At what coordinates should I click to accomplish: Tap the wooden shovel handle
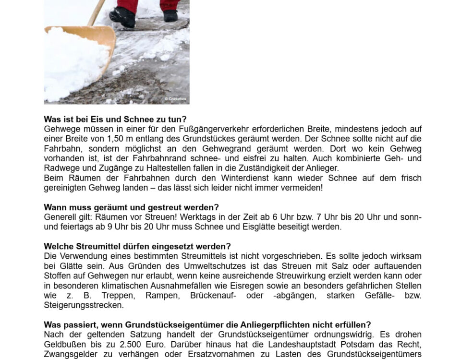[x=97, y=12]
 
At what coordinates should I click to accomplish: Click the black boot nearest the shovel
[x=122, y=17]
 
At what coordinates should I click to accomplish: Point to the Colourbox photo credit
[x=176, y=99]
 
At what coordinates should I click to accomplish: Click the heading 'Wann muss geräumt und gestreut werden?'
[x=131, y=207]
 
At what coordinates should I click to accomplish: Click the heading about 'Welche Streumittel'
[x=137, y=247]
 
